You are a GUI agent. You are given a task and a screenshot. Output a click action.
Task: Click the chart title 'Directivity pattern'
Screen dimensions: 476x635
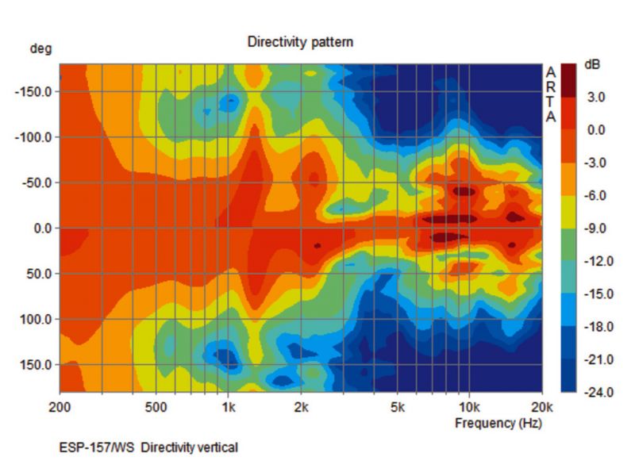[x=300, y=41]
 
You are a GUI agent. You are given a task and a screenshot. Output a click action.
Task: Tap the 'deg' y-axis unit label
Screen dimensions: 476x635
[x=40, y=49]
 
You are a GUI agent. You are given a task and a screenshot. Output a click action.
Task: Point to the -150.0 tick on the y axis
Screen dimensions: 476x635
[x=33, y=91]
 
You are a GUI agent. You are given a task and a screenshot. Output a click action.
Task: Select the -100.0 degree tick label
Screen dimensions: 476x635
[x=33, y=137]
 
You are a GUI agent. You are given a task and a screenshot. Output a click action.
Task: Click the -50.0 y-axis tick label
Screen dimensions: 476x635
[x=35, y=183]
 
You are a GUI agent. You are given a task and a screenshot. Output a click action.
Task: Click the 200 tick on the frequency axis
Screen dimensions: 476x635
[x=60, y=409]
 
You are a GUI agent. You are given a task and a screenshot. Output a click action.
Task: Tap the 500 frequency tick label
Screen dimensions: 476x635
[x=156, y=409]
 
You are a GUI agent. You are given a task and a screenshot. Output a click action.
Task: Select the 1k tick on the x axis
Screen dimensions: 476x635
[x=228, y=409]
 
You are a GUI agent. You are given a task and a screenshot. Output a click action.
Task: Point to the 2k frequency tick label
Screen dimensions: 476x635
[x=301, y=409]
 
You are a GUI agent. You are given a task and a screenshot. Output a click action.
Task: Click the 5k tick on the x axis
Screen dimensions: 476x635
[x=397, y=409]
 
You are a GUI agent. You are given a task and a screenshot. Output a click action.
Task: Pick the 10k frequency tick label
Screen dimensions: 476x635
[x=468, y=409]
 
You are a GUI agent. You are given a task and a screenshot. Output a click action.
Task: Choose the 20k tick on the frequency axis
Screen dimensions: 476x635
[x=541, y=409]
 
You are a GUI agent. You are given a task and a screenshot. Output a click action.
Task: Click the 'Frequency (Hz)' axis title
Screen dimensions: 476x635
[x=498, y=423]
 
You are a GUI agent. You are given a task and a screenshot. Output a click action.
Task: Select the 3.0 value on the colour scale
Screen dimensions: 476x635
[x=596, y=98]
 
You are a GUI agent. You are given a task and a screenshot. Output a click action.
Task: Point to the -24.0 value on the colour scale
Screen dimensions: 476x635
[x=596, y=393]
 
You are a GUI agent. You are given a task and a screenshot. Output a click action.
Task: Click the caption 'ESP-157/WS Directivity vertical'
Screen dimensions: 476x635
[x=148, y=448]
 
